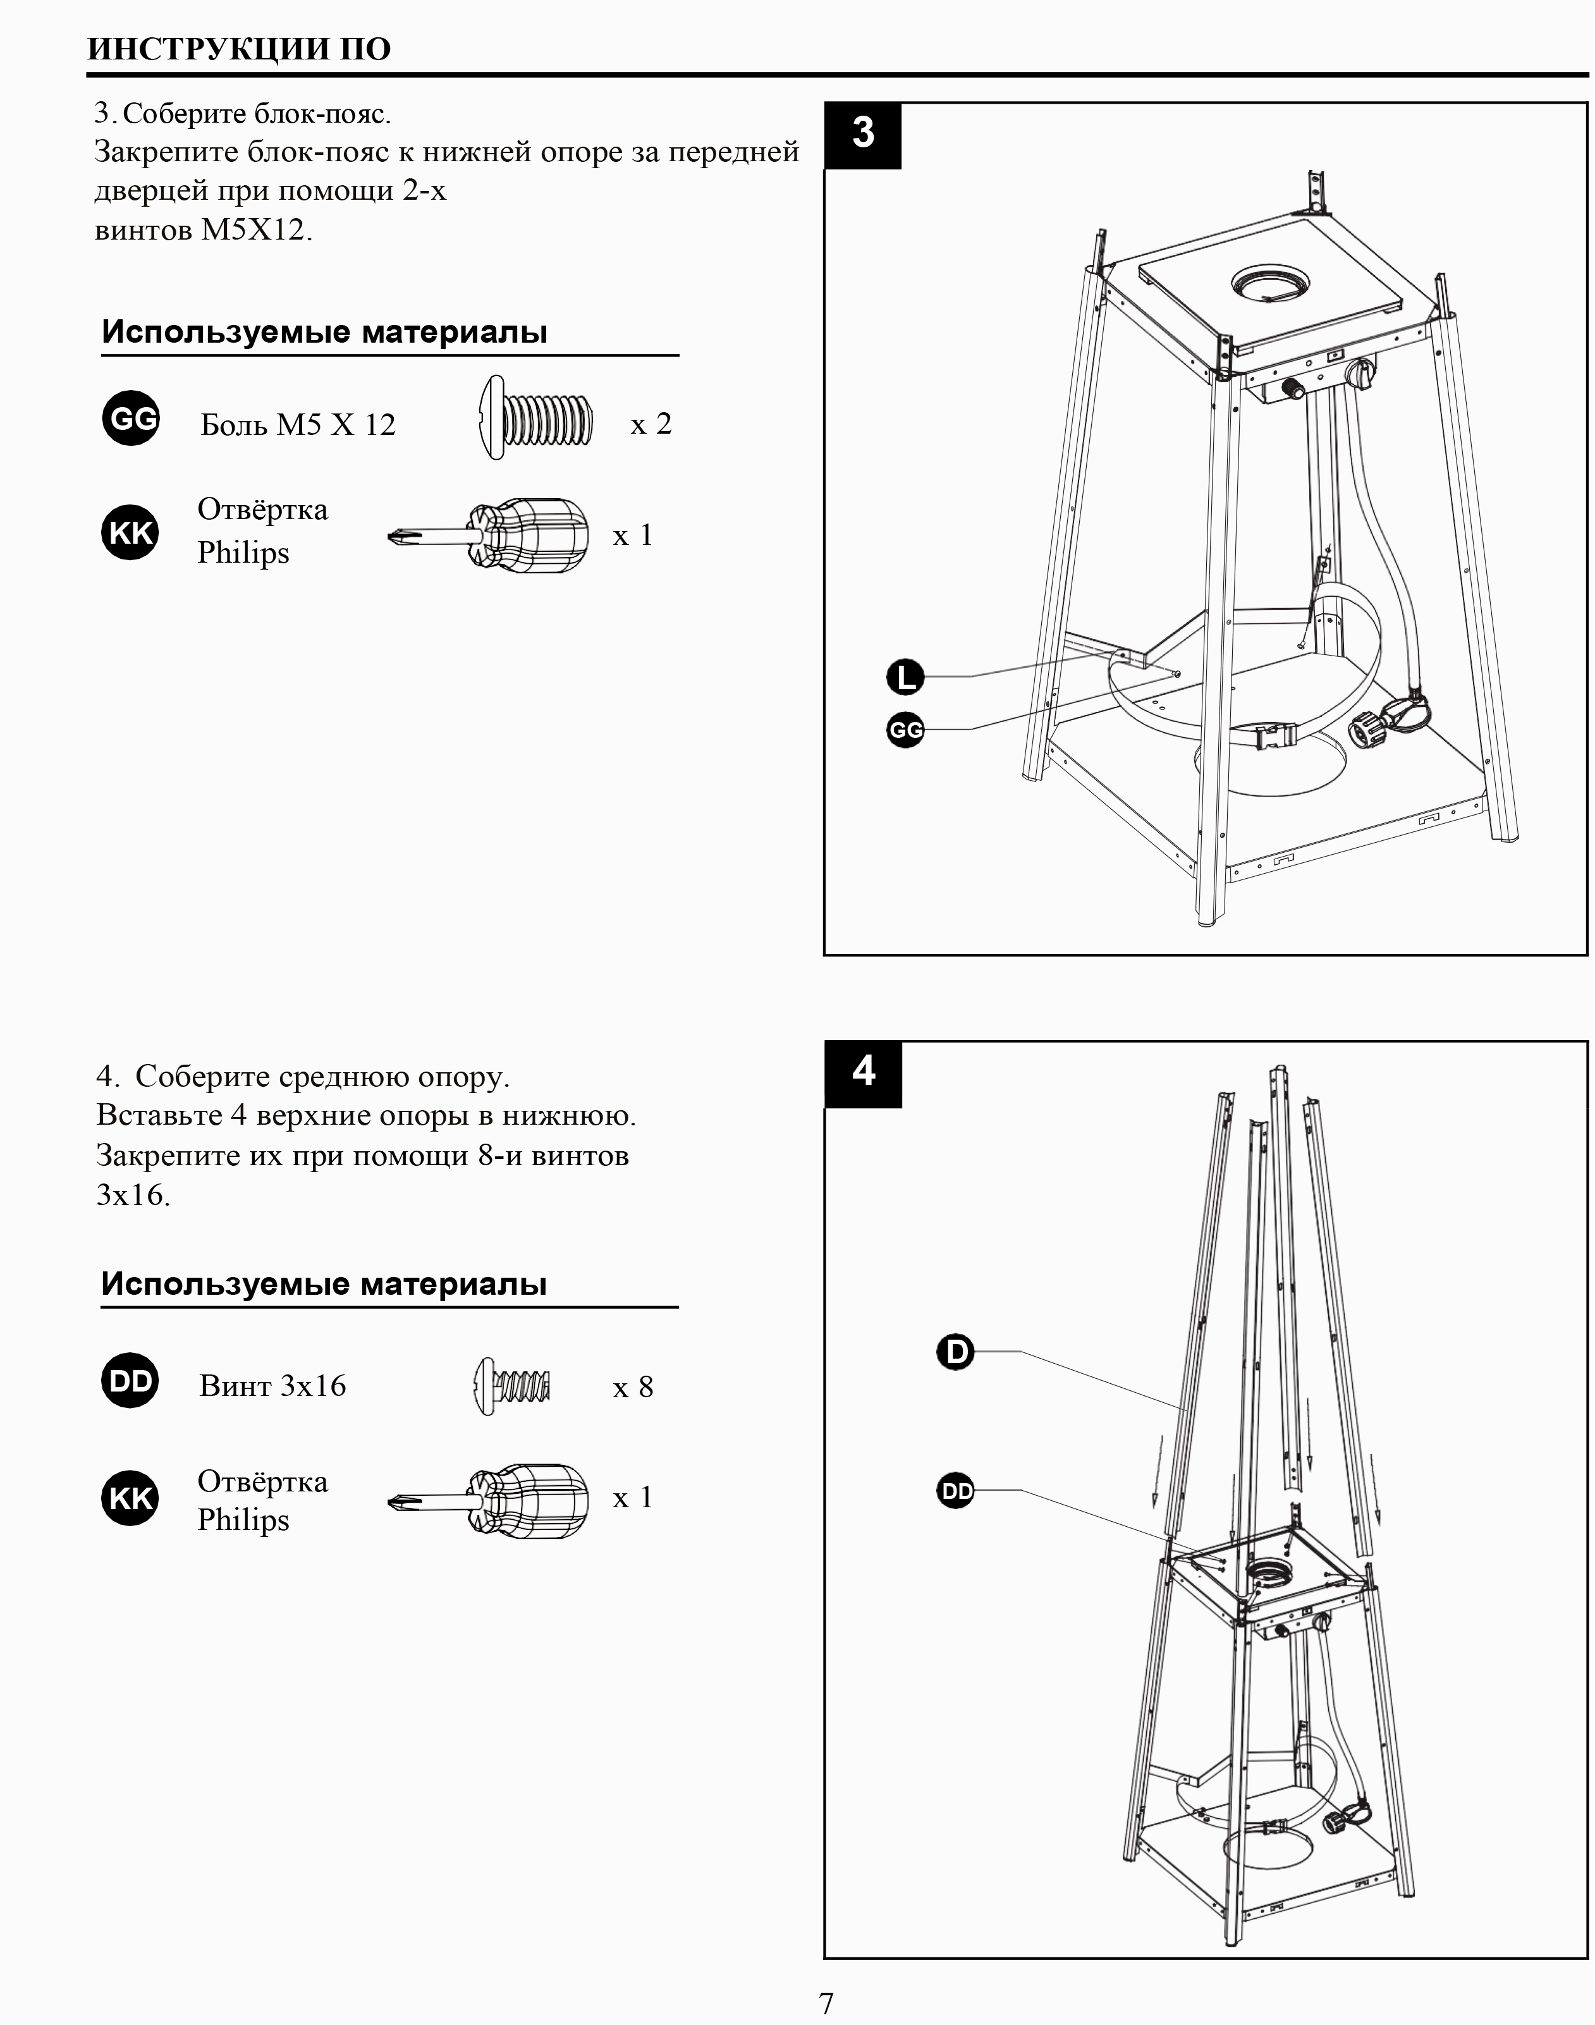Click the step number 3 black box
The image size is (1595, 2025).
[x=863, y=135]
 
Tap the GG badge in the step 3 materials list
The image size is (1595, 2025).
[x=131, y=419]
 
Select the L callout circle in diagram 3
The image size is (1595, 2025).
[x=905, y=676]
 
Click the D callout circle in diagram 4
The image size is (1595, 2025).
[x=955, y=1352]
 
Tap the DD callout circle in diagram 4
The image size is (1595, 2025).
[x=955, y=1491]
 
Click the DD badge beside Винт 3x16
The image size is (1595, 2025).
[x=130, y=1381]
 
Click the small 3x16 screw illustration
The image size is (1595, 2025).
[x=511, y=1386]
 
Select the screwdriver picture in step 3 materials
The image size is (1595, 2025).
[x=489, y=535]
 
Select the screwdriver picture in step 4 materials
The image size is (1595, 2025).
[x=489, y=1501]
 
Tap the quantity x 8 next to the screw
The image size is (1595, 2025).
[x=632, y=1387]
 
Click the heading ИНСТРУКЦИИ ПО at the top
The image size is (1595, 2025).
[x=239, y=49]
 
